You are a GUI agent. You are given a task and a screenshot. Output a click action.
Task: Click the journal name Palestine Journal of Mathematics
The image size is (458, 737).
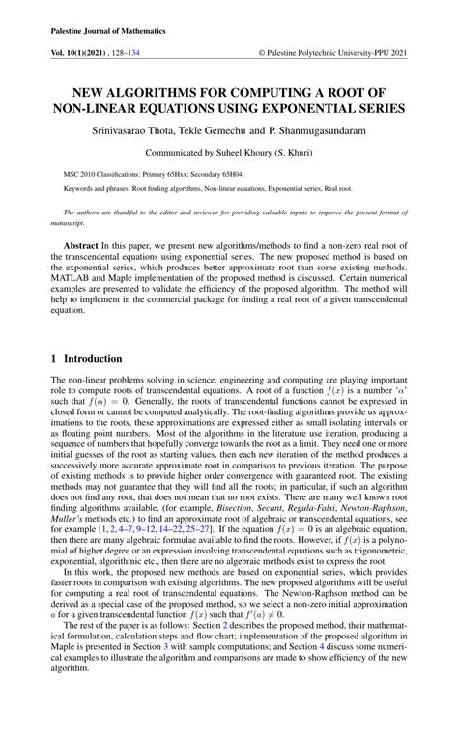[107, 31]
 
